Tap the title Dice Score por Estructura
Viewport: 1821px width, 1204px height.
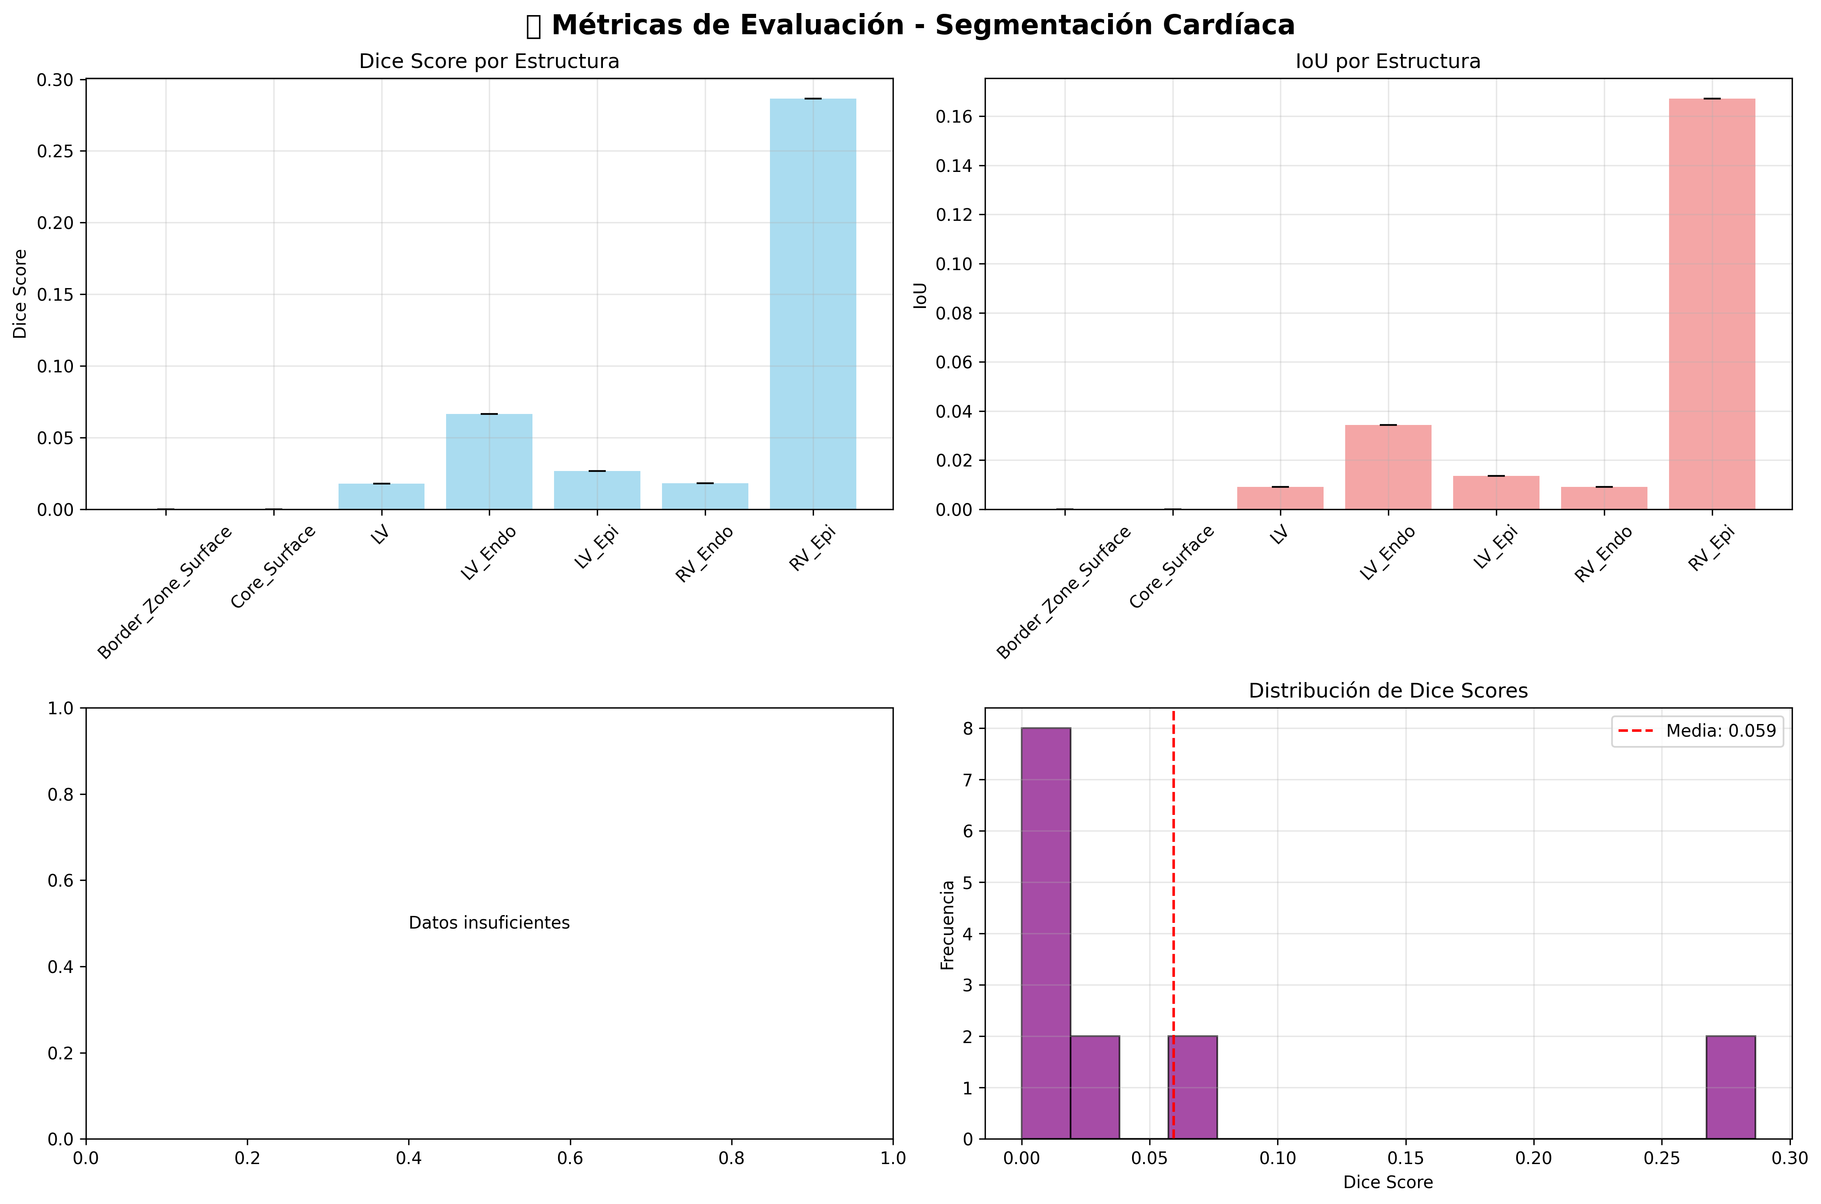pos(489,62)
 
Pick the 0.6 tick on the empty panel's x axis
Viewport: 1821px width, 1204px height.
pos(570,1158)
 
